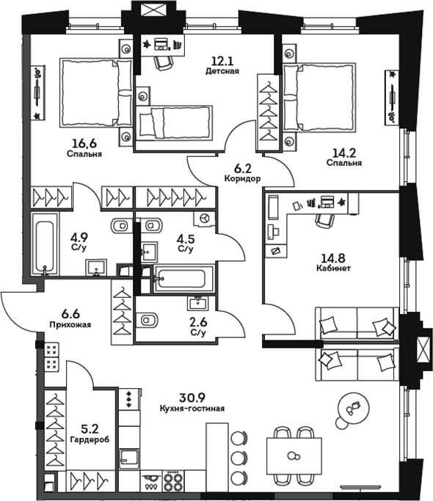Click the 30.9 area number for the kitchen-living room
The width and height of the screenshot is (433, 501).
point(192,398)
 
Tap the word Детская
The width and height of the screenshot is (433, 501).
point(222,71)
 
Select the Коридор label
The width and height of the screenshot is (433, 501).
point(242,178)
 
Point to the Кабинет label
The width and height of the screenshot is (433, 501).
point(333,268)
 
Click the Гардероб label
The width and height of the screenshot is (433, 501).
point(90,439)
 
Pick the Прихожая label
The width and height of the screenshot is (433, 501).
point(70,325)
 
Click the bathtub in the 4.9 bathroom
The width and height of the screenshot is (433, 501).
point(45,244)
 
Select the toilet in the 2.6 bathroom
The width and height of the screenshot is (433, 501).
point(147,320)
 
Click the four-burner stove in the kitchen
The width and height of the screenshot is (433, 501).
point(173,481)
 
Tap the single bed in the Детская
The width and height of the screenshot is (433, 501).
point(175,123)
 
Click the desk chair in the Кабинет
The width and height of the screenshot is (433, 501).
point(325,220)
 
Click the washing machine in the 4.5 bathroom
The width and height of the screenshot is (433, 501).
point(204,219)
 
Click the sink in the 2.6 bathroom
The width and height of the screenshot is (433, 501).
point(198,303)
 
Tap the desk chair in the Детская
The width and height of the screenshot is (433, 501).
point(164,62)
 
